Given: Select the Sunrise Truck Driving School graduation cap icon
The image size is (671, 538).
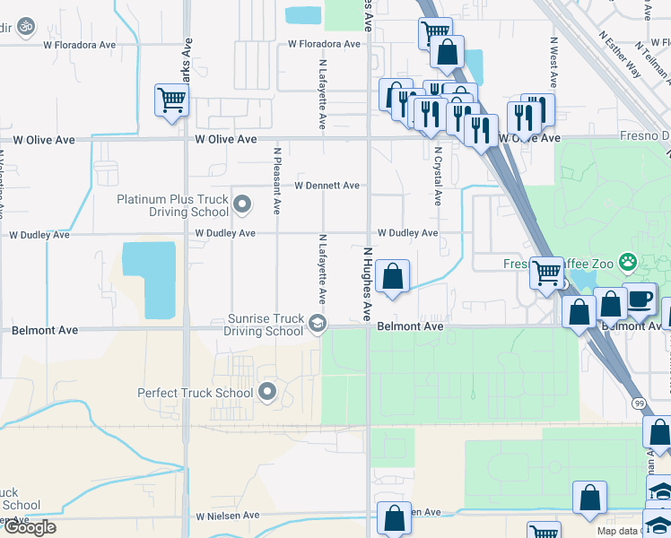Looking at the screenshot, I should click(x=316, y=323).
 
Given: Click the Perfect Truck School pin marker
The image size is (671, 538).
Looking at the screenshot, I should click(x=266, y=392).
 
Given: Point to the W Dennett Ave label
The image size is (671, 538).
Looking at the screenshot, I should click(x=327, y=186).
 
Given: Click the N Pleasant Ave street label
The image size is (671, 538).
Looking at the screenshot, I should click(x=277, y=181).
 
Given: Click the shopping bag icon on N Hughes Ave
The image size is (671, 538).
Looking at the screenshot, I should click(x=392, y=275).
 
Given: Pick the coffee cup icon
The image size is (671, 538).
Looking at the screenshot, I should click(x=639, y=299).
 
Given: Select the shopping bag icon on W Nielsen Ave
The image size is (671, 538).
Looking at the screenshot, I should click(x=394, y=517).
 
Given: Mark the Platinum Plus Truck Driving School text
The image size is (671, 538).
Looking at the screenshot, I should click(x=172, y=205).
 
